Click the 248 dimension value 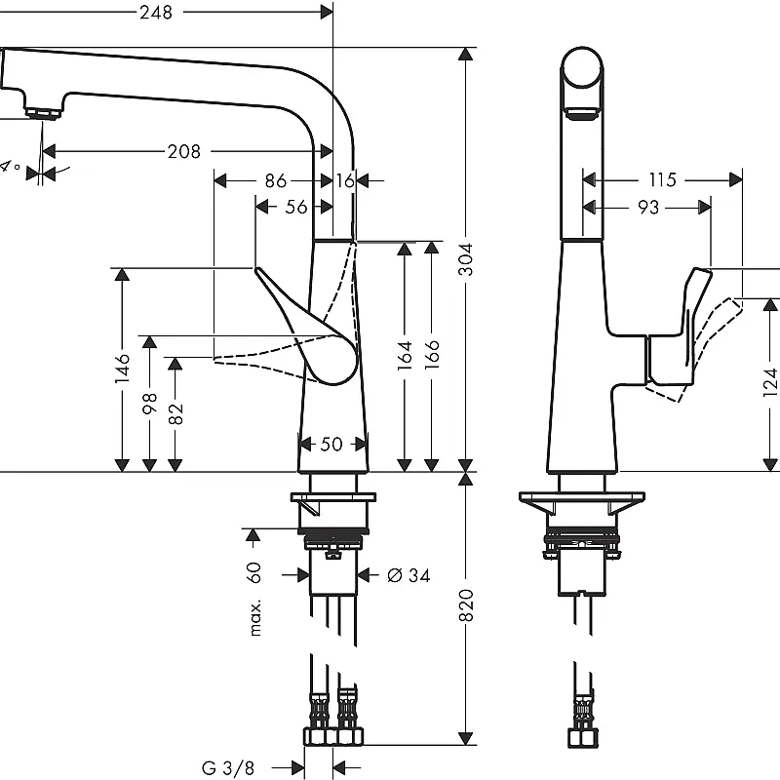(x=156, y=12)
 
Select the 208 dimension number (x=183, y=151)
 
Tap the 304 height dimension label (x=466, y=259)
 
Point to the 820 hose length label (x=466, y=604)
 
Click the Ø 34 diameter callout (x=409, y=575)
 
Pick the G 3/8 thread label (x=228, y=767)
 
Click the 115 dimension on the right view (x=663, y=179)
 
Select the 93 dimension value (x=648, y=207)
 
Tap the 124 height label (x=770, y=382)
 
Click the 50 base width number (x=331, y=444)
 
